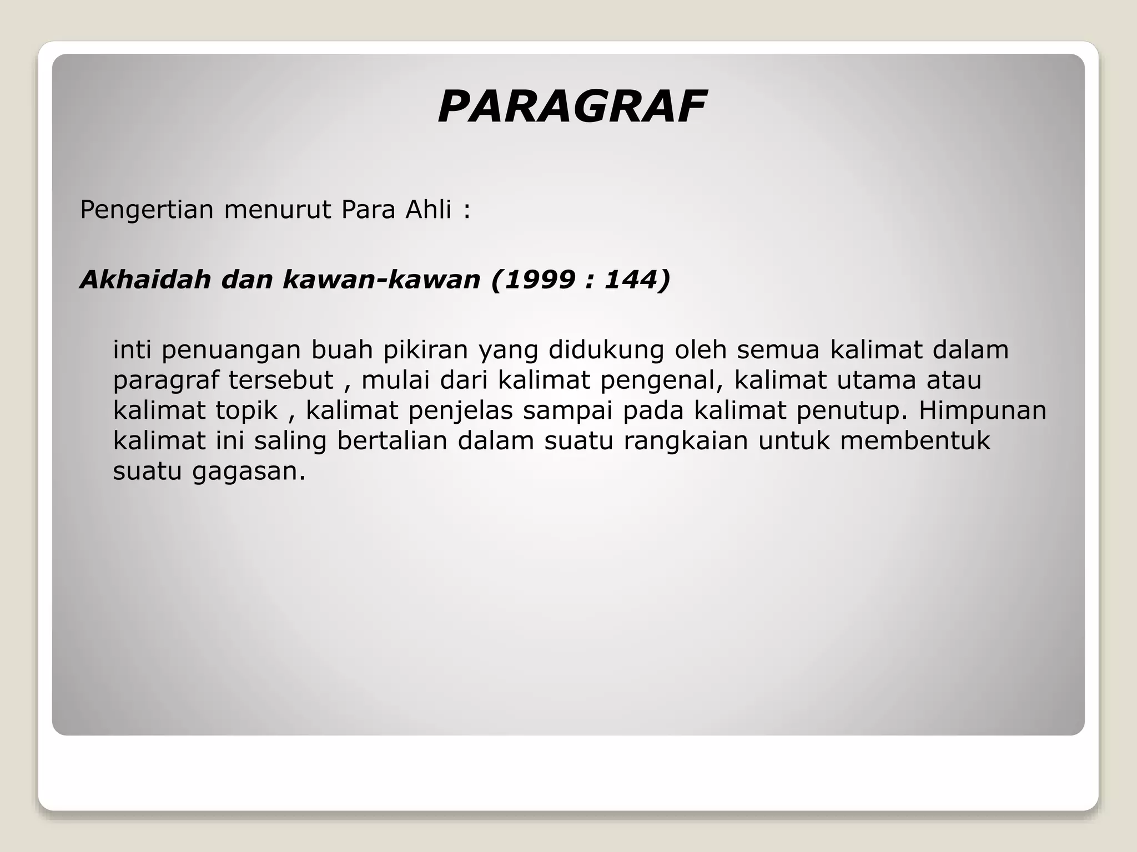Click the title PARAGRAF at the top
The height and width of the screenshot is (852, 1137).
pyautogui.click(x=572, y=107)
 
